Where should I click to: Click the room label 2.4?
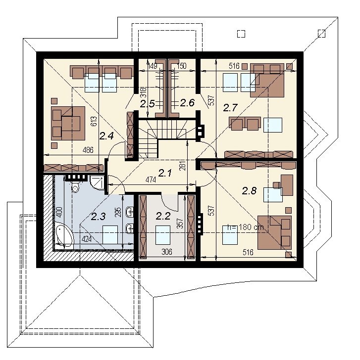click(106, 136)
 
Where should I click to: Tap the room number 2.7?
click(230, 108)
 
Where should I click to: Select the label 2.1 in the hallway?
click(165, 173)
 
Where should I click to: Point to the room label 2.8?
click(250, 190)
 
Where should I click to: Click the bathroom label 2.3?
click(99, 216)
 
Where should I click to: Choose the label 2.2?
click(163, 216)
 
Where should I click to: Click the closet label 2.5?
click(148, 104)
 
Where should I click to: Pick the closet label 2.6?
click(187, 103)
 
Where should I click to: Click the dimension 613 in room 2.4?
click(94, 121)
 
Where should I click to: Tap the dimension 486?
click(88, 150)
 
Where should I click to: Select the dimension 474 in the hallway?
click(151, 180)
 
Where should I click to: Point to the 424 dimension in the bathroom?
click(87, 239)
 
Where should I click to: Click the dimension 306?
click(167, 252)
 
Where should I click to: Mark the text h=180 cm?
click(245, 227)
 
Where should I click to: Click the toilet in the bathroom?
click(75, 187)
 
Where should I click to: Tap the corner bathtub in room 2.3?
click(64, 234)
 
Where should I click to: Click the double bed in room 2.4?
click(68, 123)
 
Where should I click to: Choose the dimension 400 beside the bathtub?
click(59, 212)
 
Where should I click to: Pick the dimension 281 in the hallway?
click(183, 166)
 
